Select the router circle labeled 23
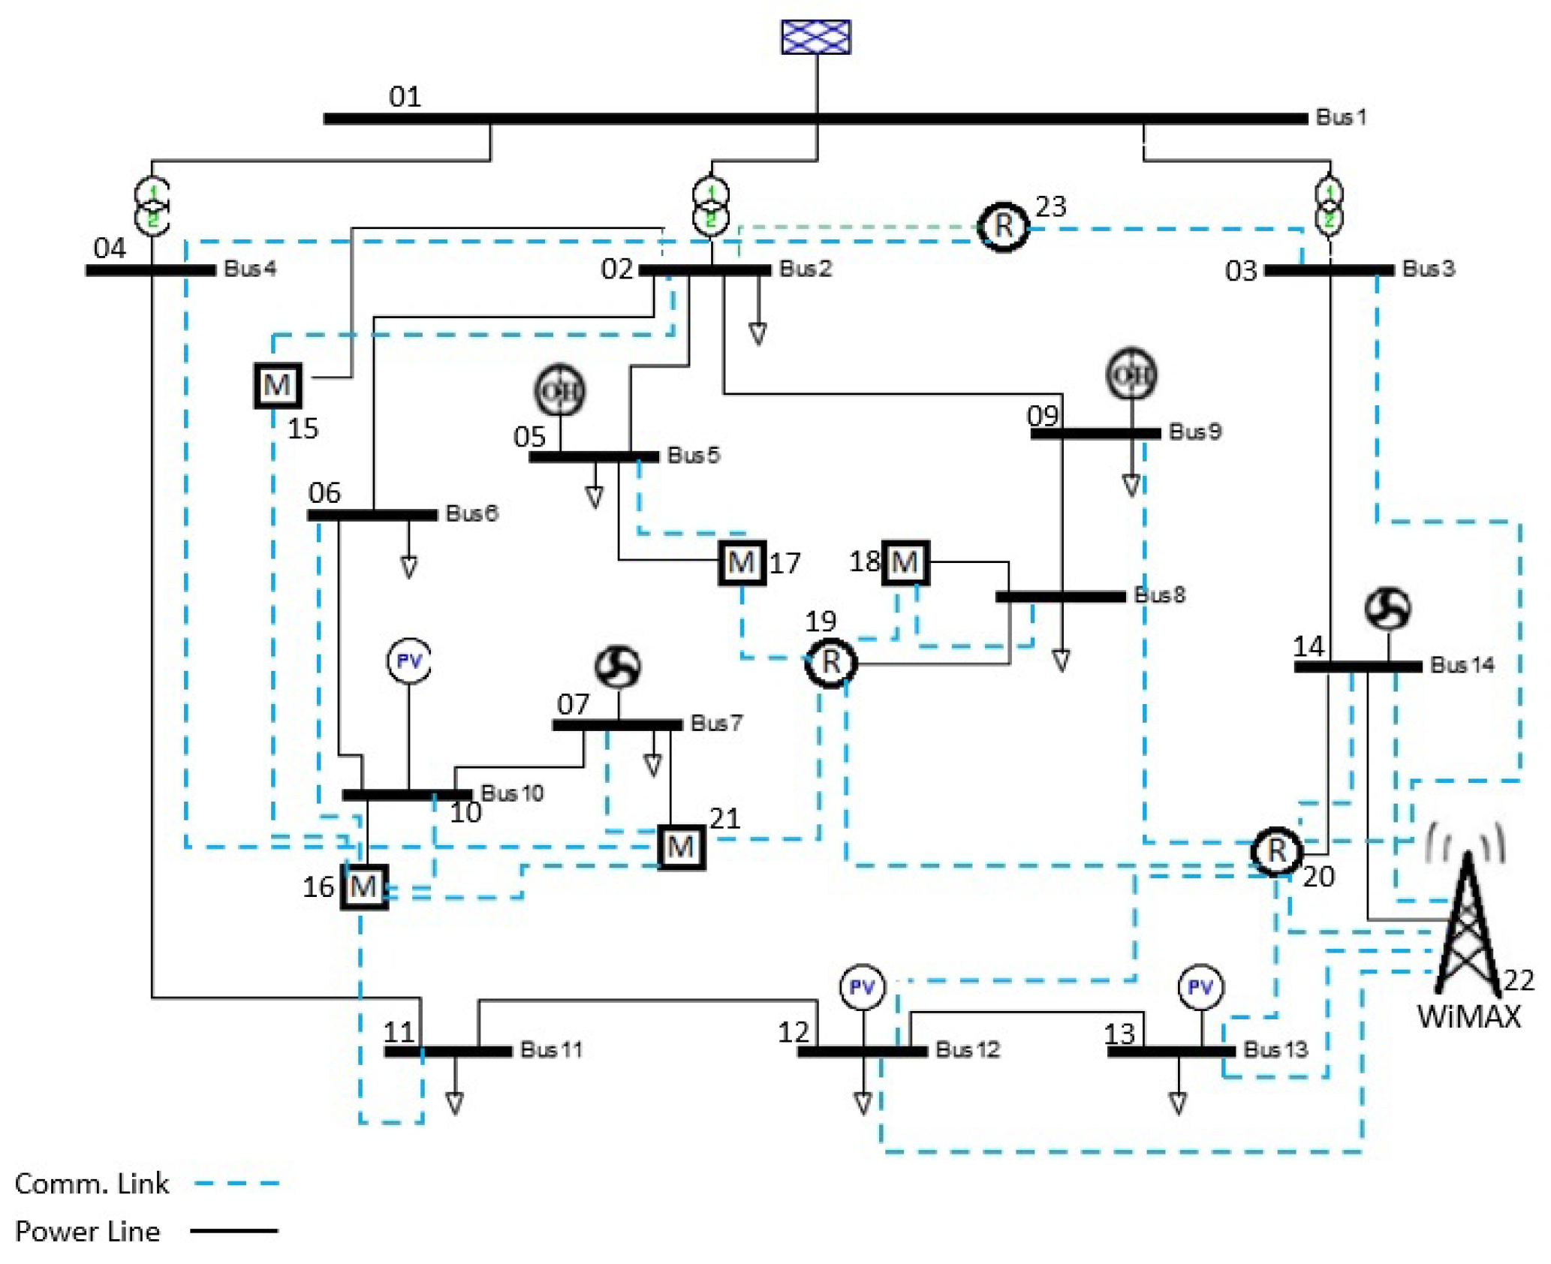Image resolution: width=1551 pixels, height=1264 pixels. coord(1002,226)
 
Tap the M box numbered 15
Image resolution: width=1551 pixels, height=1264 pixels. coord(277,385)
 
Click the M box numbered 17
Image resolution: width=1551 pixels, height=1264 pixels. coord(741,561)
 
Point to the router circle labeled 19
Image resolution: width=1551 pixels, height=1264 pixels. coord(830,662)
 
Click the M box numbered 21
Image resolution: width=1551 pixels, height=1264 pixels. coord(680,847)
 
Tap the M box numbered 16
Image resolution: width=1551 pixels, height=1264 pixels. coord(363,886)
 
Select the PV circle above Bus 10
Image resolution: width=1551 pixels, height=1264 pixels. coord(408,661)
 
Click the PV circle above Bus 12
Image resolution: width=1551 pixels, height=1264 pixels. coord(861,986)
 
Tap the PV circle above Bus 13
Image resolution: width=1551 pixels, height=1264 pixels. coord(1200,986)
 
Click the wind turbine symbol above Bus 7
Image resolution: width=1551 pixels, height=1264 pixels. coord(617,667)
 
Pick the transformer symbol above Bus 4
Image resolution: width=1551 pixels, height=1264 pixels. coord(152,206)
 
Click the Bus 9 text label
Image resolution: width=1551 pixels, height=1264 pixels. coord(1194,431)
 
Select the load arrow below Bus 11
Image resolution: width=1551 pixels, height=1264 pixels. coord(454,1102)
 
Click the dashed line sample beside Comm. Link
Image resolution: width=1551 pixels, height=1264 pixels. coord(236,1183)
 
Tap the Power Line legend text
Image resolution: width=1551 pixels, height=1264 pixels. coord(87,1231)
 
